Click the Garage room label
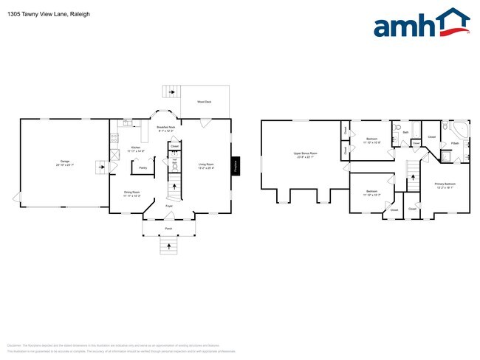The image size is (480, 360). click(x=65, y=163)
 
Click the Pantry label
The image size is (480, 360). click(x=141, y=167)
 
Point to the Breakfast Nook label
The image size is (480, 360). click(x=165, y=129)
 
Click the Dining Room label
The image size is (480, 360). click(x=133, y=194)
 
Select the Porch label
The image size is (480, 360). click(x=168, y=229)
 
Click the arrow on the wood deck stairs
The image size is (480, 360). click(x=171, y=92)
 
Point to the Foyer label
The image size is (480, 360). click(x=168, y=216)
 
